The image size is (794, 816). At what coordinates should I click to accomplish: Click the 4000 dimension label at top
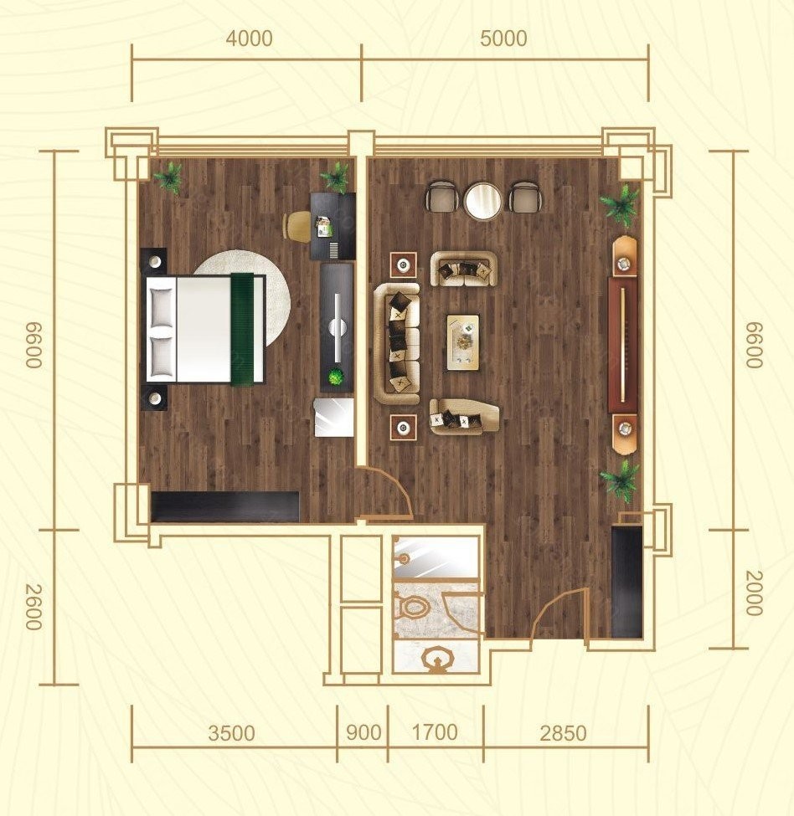pos(249,38)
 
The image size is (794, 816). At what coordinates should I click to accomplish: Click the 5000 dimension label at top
pos(503,38)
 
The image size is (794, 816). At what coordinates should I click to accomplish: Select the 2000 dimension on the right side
pos(754,593)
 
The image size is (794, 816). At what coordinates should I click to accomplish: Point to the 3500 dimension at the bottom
pos(231,733)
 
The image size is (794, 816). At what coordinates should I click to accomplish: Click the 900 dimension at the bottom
pos(363,733)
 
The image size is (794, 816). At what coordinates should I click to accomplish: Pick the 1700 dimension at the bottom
pos(434,733)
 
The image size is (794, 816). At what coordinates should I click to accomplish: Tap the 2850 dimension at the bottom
pos(563,733)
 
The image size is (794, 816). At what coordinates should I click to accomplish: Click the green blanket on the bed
pos(242,329)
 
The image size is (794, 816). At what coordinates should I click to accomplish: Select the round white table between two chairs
pos(483,201)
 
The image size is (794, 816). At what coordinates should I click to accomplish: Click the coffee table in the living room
pos(463,342)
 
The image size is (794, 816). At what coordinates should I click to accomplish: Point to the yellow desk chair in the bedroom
pos(296,226)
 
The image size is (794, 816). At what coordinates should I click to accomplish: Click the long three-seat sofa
pos(397,343)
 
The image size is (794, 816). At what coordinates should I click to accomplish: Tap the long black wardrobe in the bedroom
pos(225,506)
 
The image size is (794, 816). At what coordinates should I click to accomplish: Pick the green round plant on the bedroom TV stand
pos(337,377)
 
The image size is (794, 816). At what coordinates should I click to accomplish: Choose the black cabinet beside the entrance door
pos(626,582)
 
